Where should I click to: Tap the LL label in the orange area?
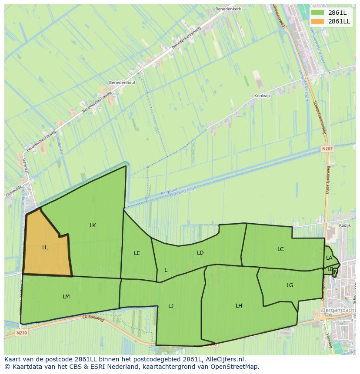pyautogui.click(x=45, y=248)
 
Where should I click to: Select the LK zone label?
pyautogui.click(x=93, y=225)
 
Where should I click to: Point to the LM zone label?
pyautogui.click(x=66, y=297)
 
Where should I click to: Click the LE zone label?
pyautogui.click(x=137, y=253)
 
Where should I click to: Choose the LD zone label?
pyautogui.click(x=200, y=252)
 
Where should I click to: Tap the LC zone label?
pyautogui.click(x=280, y=249)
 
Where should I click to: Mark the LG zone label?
pyautogui.click(x=290, y=285)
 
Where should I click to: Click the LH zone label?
pyautogui.click(x=239, y=306)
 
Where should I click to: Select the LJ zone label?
pyautogui.click(x=171, y=306)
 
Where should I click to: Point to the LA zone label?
pyautogui.click(x=329, y=258)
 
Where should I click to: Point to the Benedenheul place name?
pyautogui.click(x=120, y=82)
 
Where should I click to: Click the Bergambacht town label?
pyautogui.click(x=339, y=310)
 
